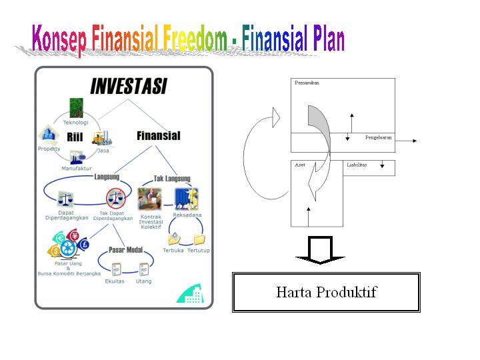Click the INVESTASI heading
point(129,87)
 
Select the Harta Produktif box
point(326,292)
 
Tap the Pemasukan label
point(308,83)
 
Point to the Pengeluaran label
point(378,137)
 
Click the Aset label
point(300,164)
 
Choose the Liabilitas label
point(357,164)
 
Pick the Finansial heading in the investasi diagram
point(158,135)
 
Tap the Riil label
point(75,137)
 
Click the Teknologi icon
point(75,107)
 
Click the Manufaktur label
point(77,169)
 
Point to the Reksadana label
point(187,215)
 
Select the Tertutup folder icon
point(199,239)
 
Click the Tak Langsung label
point(172,179)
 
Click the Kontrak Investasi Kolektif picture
point(150,199)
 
